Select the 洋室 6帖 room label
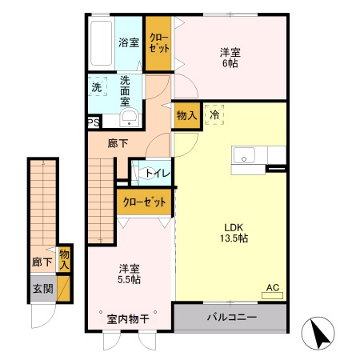(230, 58)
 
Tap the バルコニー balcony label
(231, 318)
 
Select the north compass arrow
(320, 334)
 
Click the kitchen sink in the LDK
(243, 154)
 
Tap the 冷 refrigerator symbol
(214, 114)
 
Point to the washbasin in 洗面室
(129, 118)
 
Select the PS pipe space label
(94, 123)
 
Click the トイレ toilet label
(155, 170)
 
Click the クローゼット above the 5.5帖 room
(144, 202)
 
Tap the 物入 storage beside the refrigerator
(186, 115)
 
